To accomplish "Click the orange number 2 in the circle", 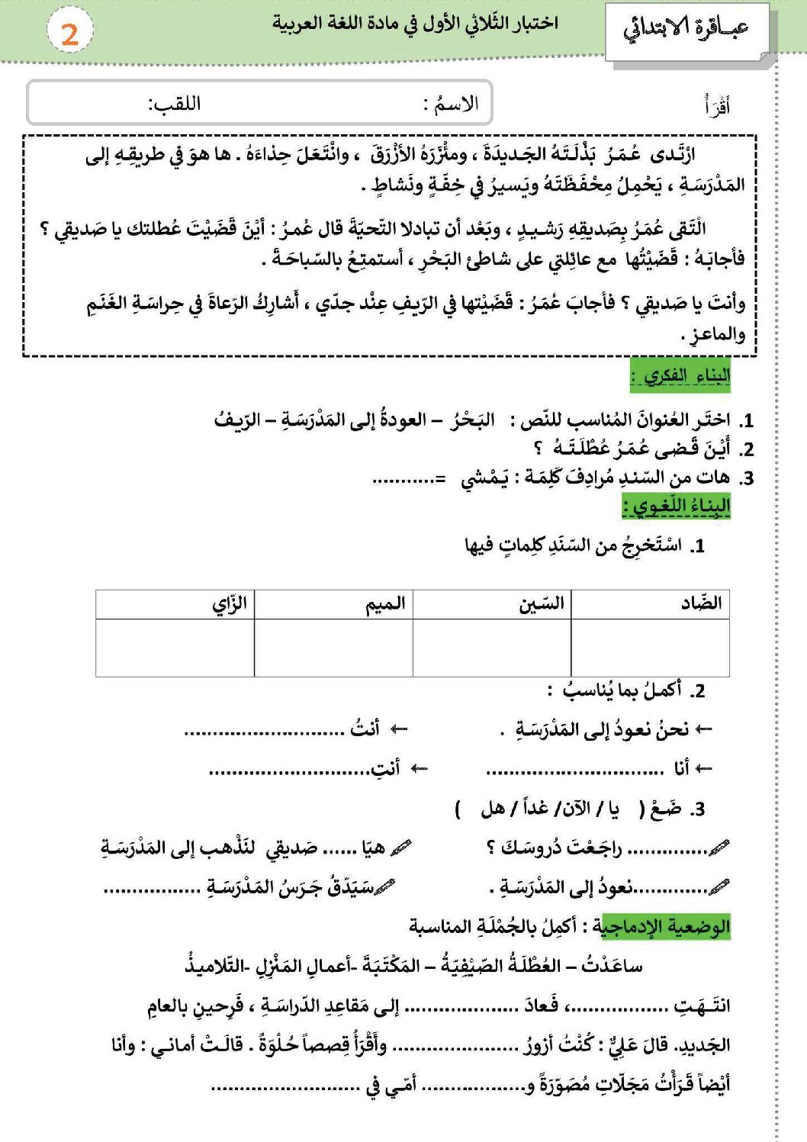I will [69, 34].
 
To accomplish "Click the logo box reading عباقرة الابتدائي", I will [686, 31].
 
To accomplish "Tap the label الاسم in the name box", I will [455, 103].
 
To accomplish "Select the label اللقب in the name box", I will [175, 103].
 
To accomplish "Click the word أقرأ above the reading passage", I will [717, 105].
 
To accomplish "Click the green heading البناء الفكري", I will [680, 376].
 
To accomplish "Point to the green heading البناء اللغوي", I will [677, 506].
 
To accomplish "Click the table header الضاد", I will [701, 603].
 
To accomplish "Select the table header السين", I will [542, 603].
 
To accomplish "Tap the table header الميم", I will [384, 604].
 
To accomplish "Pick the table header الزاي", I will [229, 604].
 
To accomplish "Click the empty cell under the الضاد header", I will [650, 648].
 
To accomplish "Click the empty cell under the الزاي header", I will [175, 648].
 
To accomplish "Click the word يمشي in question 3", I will [484, 478].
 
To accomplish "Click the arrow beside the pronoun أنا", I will [703, 768].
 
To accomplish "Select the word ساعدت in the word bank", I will [612, 966].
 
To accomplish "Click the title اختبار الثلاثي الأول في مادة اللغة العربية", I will [415, 24].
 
